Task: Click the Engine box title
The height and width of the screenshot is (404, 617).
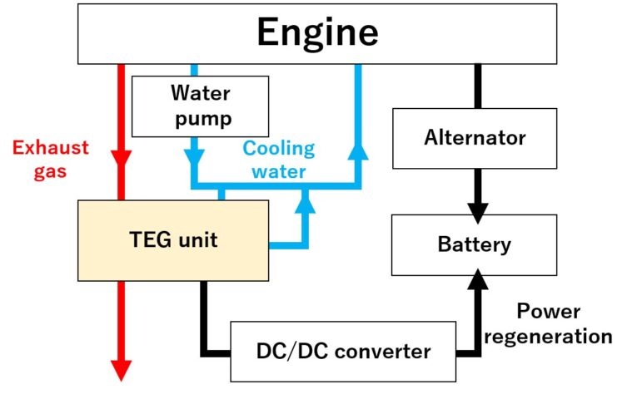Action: [317, 32]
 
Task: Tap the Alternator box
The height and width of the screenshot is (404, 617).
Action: [475, 138]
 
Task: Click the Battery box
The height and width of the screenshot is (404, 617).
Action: [475, 245]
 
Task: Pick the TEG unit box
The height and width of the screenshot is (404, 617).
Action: [173, 240]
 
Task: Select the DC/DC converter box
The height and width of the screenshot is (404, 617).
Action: [342, 351]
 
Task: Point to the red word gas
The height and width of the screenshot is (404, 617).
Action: [49, 173]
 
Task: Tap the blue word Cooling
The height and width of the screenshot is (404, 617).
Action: [279, 150]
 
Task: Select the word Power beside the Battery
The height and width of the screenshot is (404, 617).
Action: [549, 312]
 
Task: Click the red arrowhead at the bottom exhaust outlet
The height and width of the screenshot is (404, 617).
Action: [122, 369]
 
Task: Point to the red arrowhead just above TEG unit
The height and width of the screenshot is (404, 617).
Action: [122, 159]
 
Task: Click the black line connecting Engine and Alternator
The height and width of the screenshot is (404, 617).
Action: [478, 86]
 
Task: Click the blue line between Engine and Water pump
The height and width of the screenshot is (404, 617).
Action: [193, 71]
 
